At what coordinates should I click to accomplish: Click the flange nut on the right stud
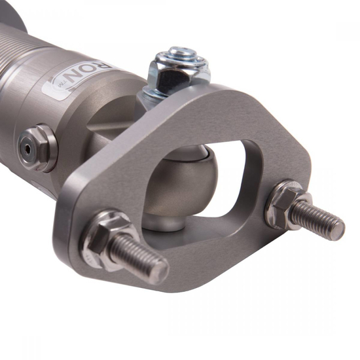click(285, 202)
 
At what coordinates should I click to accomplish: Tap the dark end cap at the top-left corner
click(13, 13)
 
